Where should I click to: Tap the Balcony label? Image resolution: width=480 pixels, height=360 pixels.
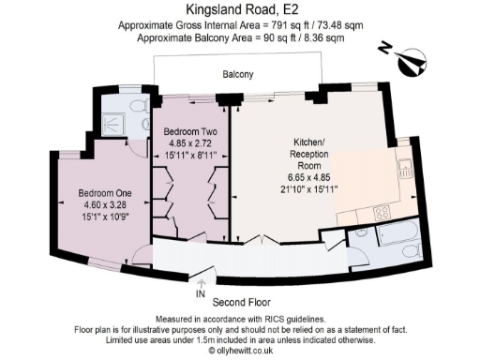pyautogui.click(x=238, y=74)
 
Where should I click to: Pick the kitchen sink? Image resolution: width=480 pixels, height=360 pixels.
pyautogui.click(x=405, y=169)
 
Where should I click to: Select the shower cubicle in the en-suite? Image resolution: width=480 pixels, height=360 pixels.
pyautogui.click(x=117, y=120)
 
